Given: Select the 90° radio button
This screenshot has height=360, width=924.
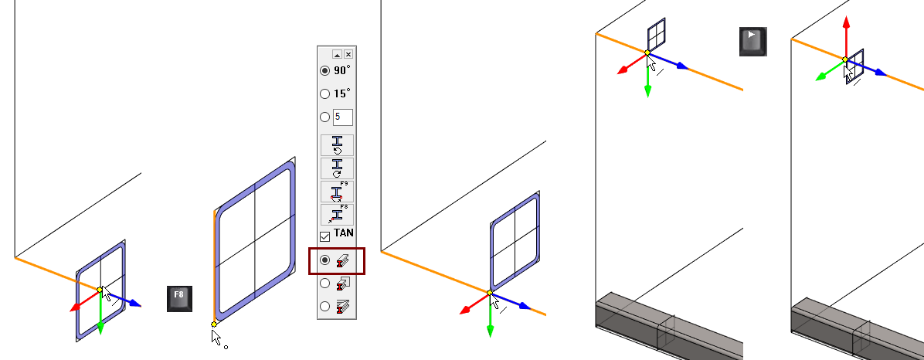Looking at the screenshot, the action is [324, 71].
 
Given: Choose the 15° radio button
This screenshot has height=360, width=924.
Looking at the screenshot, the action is [324, 93].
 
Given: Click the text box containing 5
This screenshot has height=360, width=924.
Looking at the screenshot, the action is [343, 117].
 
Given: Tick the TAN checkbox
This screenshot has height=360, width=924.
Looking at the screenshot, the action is [324, 237].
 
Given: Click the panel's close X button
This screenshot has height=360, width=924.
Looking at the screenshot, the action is [348, 54].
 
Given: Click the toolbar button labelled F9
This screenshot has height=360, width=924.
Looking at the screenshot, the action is [337, 192].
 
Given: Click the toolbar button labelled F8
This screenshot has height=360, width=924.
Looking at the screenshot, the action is [337, 215].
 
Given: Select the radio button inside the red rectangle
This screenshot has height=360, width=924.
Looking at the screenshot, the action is [324, 260].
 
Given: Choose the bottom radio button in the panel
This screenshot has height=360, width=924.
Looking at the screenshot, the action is [324, 307].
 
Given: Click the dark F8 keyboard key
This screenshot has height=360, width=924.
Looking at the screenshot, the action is [180, 299].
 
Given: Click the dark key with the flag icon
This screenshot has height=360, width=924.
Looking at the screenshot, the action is [753, 41].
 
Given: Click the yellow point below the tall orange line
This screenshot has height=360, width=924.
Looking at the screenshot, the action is [213, 324].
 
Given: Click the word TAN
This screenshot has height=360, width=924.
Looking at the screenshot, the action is [344, 233].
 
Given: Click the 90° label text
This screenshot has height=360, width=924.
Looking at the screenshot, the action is [341, 70].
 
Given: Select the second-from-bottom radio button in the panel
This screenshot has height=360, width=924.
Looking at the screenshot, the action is [324, 284].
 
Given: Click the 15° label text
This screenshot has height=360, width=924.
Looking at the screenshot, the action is [341, 93].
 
